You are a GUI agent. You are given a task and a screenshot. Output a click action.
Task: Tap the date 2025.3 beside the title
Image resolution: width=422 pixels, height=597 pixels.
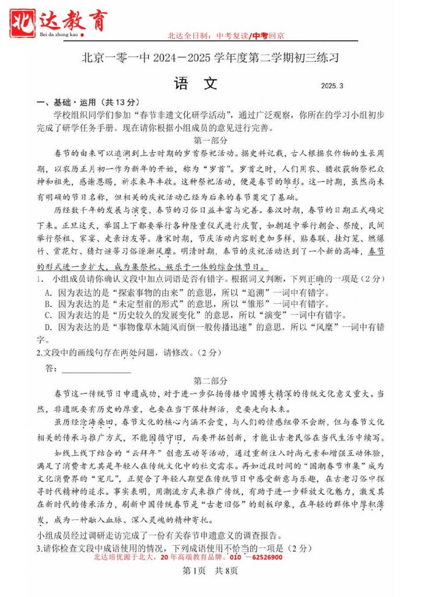[332, 86]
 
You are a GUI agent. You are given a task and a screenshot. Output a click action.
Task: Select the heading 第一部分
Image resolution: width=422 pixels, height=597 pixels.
[210, 141]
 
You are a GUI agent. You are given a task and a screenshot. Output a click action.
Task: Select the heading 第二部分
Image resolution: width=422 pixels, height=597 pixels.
[210, 381]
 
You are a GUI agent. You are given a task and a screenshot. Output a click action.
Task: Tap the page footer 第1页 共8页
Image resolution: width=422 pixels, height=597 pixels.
[210, 570]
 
